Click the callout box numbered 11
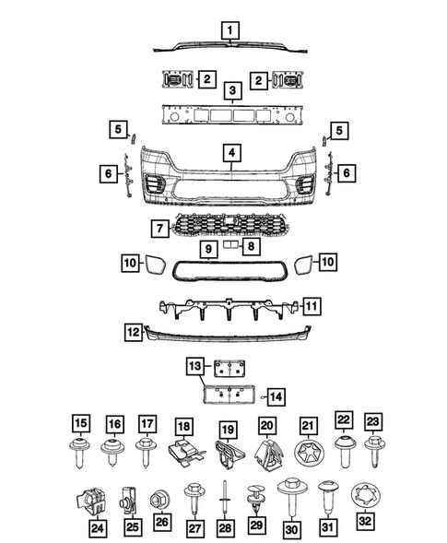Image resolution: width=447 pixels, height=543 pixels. click(313, 305)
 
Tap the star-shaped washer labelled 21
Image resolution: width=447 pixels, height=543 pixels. click(307, 454)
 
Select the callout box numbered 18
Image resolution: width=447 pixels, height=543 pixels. click(183, 426)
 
